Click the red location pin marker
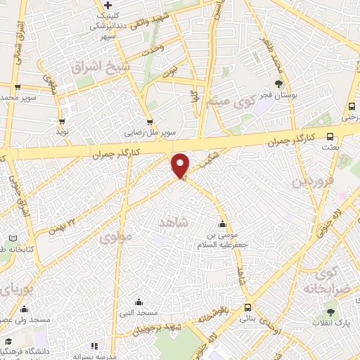181,165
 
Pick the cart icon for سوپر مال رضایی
149,121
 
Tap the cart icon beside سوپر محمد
18,87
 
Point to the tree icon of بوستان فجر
279,84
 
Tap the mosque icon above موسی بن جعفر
223,225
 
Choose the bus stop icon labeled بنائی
247,307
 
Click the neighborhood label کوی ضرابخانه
329,280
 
